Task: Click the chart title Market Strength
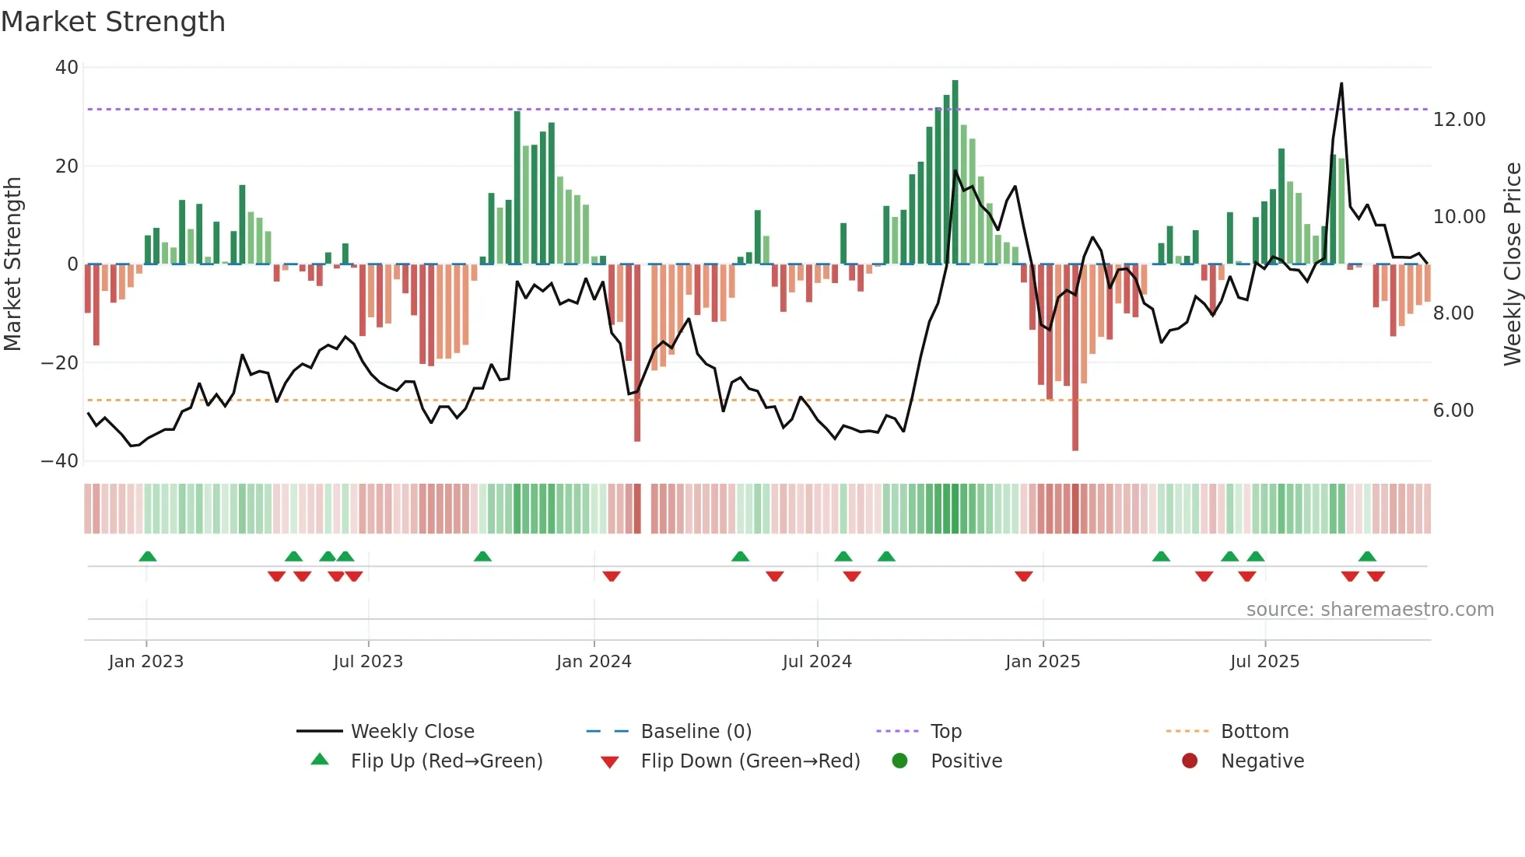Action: click(x=113, y=22)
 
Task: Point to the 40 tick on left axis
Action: click(x=67, y=68)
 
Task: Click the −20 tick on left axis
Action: click(x=60, y=362)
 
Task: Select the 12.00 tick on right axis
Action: click(x=1459, y=120)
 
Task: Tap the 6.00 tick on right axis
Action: click(x=1453, y=411)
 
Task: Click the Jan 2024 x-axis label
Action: click(x=594, y=662)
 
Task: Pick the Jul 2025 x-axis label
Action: click(x=1264, y=662)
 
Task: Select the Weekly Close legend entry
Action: click(x=412, y=732)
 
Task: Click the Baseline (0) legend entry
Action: click(x=696, y=732)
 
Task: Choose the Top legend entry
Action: click(x=945, y=732)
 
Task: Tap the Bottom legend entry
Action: click(x=1254, y=732)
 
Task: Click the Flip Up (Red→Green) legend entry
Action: click(x=446, y=761)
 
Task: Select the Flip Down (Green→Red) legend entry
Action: click(x=749, y=761)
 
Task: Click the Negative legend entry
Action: click(x=1261, y=761)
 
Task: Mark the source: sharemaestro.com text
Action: click(x=1369, y=610)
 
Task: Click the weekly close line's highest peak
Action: click(x=1341, y=84)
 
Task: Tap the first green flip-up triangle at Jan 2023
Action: click(x=147, y=556)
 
